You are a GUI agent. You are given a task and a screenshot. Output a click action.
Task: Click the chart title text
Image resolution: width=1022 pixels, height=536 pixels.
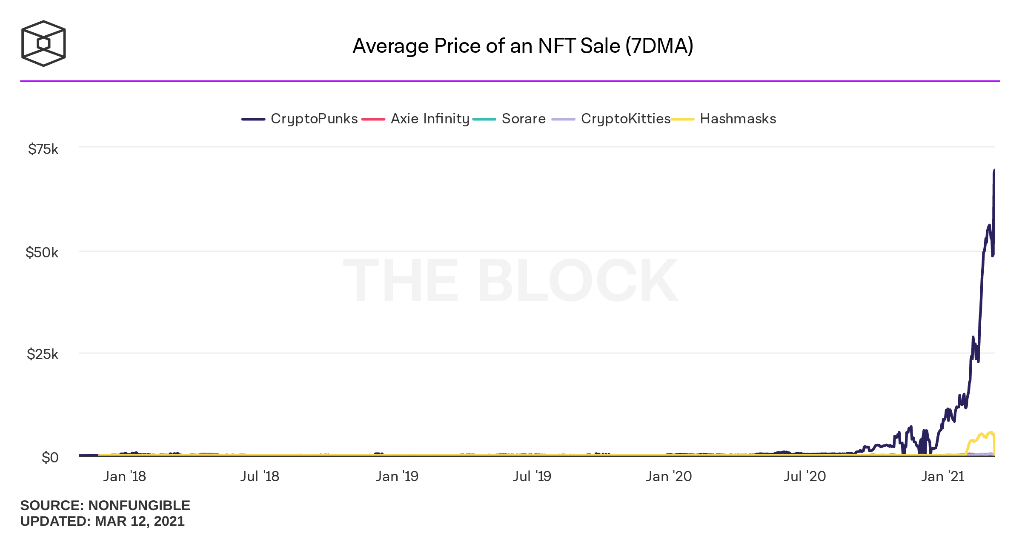point(523,46)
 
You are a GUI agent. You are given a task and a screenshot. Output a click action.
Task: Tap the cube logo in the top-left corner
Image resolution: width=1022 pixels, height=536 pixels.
point(43,43)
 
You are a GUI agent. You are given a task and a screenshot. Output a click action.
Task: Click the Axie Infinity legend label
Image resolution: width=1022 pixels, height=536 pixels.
point(430,119)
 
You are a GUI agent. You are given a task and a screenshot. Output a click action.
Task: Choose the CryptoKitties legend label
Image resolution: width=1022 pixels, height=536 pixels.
point(625,119)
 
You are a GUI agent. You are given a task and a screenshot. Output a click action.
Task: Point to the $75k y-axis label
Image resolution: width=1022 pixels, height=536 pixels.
point(43,149)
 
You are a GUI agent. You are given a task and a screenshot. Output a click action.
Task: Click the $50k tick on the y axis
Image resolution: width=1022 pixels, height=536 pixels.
point(42,253)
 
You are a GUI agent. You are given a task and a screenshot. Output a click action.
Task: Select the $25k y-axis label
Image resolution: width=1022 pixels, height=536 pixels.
point(43,354)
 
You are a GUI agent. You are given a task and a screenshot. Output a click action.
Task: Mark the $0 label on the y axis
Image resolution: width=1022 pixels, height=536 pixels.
point(50,458)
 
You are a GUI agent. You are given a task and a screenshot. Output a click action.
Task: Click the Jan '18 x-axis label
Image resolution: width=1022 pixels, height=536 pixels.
point(124,476)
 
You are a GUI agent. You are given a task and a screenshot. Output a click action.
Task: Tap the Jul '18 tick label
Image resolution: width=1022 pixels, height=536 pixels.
point(260,476)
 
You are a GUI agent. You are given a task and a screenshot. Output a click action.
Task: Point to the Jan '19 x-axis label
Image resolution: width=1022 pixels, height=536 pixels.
point(397,476)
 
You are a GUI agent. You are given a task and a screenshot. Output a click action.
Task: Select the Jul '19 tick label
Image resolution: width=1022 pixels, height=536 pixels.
point(532,476)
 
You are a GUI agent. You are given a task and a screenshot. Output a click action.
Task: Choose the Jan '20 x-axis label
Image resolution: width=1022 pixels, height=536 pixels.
point(669,476)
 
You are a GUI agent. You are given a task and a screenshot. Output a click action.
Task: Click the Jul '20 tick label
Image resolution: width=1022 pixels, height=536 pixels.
point(804,476)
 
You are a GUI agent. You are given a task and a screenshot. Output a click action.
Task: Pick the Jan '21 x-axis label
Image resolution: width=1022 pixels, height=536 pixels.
point(942,476)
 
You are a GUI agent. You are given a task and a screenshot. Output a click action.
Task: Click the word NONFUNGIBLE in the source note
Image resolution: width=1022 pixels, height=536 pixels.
point(139,505)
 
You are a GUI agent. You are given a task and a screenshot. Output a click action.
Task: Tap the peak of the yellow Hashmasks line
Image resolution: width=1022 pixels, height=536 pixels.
point(991,432)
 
